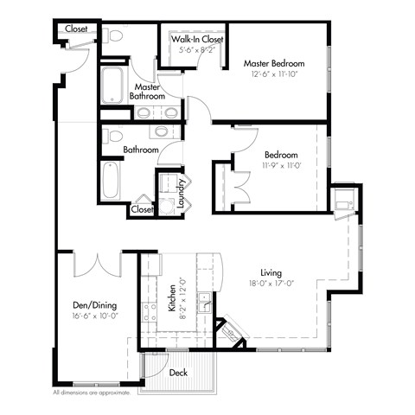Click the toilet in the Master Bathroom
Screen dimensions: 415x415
[x=112, y=36]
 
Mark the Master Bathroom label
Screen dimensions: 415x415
[x=148, y=92]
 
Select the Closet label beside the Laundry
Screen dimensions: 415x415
[x=141, y=209]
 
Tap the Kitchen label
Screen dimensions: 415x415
[x=171, y=297]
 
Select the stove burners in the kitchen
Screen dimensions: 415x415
[x=153, y=309]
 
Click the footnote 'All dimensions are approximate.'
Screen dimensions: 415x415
[x=93, y=393]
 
